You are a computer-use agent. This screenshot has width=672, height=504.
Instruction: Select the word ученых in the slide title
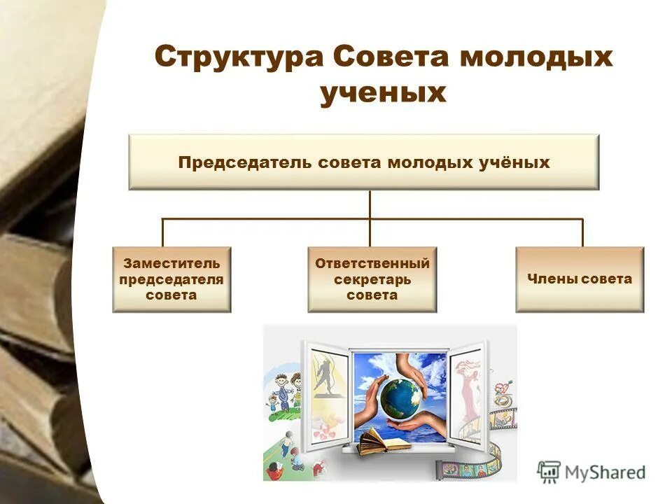383,92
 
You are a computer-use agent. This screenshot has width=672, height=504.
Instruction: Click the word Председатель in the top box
246,162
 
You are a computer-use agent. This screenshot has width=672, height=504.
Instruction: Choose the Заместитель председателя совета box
171,279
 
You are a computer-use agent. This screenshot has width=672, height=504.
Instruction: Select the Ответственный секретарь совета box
372,279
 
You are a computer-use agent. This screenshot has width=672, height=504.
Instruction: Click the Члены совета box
580,279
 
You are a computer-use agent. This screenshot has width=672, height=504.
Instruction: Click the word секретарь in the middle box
372,280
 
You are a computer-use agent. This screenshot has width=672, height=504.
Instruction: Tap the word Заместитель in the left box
171,264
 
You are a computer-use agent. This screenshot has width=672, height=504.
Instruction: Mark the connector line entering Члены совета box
582,233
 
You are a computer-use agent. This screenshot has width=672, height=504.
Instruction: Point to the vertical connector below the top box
370,204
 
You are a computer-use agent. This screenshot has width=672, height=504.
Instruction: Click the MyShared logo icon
549,472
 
